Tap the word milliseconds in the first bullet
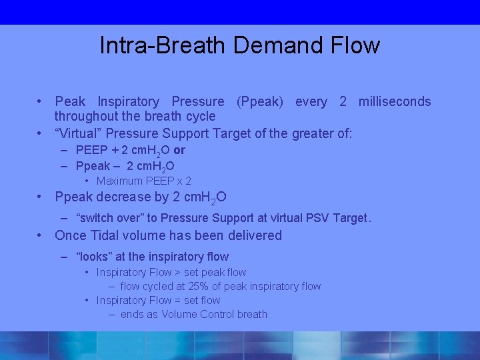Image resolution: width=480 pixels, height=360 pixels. point(395,102)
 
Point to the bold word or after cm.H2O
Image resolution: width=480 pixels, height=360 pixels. point(179,150)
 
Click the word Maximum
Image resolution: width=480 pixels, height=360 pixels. point(119,181)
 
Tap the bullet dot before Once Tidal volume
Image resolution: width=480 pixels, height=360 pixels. point(41,235)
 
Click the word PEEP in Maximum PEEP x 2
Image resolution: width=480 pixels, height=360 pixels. point(160,181)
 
